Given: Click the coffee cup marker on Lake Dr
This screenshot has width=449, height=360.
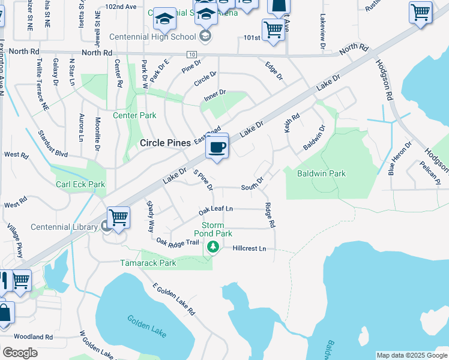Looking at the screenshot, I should coord(217,146).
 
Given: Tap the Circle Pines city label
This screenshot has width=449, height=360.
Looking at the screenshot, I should coord(165,143).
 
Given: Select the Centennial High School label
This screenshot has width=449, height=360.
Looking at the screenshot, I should coord(152,37).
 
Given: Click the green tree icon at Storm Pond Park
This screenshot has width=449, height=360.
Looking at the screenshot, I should coord(212,247).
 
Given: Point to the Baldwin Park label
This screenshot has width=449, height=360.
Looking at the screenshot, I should coord(322,173).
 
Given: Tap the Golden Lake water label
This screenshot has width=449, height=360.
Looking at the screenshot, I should coord(146,325).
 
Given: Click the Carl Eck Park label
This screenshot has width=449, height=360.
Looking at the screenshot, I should coord(81,184).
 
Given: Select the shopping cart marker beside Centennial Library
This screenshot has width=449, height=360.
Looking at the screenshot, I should coord(118,218).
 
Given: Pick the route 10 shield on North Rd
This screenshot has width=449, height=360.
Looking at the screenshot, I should coord(191,55).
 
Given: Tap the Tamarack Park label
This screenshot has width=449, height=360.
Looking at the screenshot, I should coord(148,263).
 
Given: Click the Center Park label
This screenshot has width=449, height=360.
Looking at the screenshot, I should coord(134,115).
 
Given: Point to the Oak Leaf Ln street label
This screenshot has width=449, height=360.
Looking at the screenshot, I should coord(215,209).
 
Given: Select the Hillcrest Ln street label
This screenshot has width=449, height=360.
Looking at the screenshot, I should coord(249,248).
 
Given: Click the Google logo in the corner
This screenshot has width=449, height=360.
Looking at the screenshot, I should coord(20,353).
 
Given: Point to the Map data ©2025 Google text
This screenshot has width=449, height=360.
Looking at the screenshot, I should coord(411,355).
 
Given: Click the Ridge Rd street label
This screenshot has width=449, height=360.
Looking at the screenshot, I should coord(270,214).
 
